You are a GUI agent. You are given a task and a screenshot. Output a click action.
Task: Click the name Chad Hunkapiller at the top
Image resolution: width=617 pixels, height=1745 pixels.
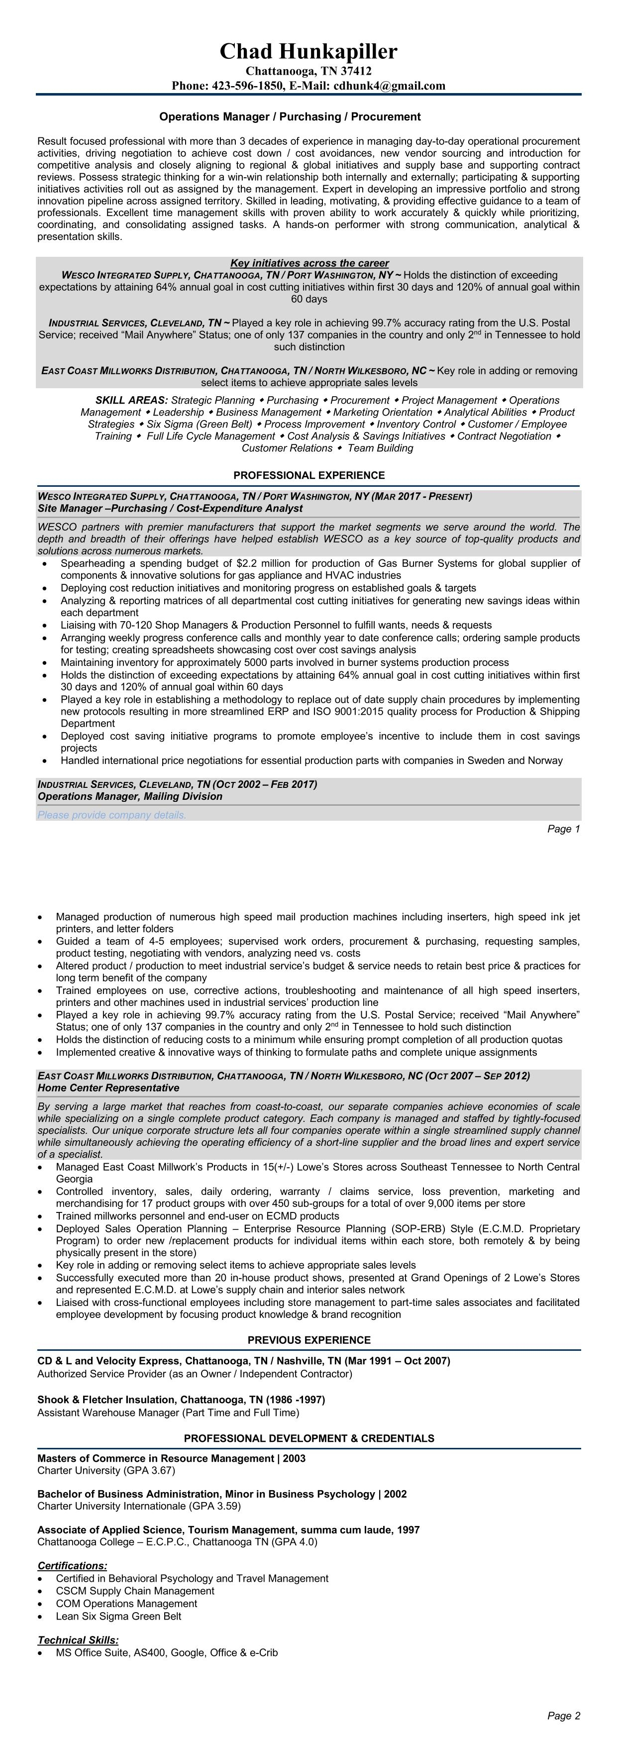point(308,51)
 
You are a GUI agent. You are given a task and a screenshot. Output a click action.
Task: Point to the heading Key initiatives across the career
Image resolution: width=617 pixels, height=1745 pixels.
point(309,263)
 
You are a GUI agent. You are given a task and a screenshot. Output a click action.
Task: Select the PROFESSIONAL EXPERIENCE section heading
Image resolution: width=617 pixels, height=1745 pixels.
point(309,475)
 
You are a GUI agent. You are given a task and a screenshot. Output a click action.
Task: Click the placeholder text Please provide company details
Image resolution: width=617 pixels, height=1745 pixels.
point(112,815)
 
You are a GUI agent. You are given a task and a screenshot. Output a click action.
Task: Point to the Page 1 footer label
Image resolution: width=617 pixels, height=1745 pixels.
point(563,829)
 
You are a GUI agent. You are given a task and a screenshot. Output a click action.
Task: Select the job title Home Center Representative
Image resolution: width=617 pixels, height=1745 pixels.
point(108,1088)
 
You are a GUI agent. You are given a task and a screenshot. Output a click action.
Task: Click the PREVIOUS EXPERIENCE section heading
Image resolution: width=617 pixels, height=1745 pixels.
point(309,1340)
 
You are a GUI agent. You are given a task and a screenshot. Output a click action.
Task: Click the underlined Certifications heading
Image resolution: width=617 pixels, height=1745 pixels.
point(72,1565)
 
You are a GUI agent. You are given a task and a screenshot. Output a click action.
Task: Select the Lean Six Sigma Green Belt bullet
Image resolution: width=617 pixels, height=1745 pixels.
point(118,1616)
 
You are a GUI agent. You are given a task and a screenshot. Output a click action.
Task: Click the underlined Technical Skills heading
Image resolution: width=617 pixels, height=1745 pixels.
point(78,1640)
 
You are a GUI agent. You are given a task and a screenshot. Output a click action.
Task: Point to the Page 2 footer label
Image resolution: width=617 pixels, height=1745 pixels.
point(563,1716)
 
